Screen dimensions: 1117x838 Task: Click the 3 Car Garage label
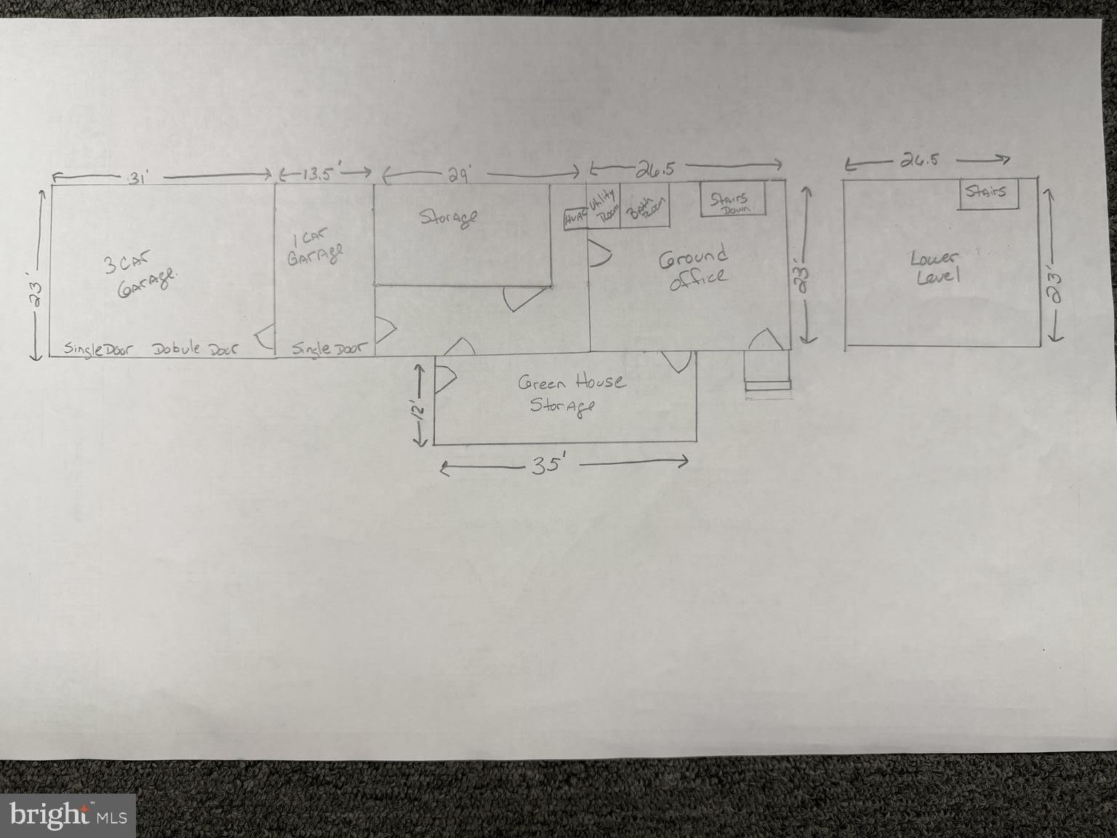(142, 275)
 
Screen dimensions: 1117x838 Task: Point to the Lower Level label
(934, 267)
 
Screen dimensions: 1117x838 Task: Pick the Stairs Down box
(733, 199)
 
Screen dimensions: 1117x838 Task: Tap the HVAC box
(575, 218)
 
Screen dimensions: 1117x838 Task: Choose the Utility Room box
(603, 207)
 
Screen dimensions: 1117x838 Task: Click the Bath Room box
(644, 207)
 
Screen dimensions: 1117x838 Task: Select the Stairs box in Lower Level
(987, 192)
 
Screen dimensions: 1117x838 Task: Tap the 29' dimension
(458, 175)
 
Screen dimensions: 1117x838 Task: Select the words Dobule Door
(195, 349)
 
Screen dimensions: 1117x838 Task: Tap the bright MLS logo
(68, 814)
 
